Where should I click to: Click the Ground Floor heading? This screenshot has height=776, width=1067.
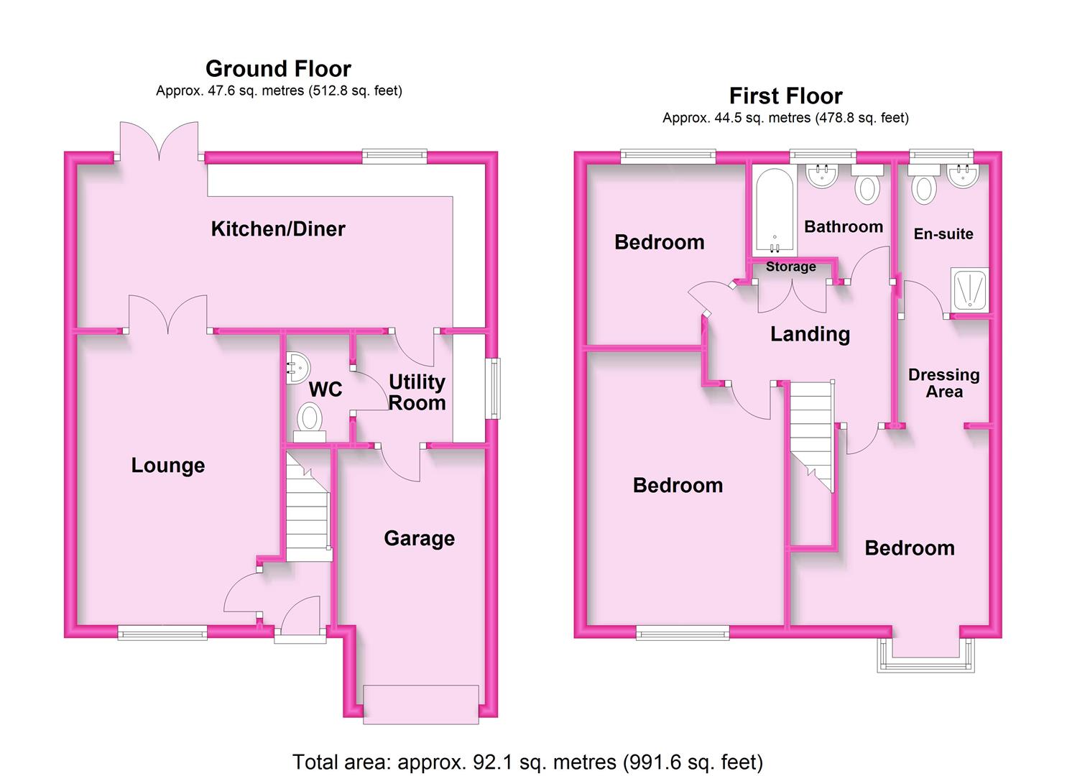click(x=278, y=69)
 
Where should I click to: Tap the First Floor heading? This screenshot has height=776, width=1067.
click(x=786, y=96)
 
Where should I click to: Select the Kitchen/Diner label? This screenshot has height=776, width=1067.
click(x=278, y=228)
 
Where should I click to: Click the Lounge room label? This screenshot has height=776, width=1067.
click(x=168, y=466)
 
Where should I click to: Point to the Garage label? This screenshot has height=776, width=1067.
click(x=419, y=539)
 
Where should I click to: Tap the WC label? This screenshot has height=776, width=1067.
click(x=325, y=389)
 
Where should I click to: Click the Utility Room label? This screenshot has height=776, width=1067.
click(x=417, y=392)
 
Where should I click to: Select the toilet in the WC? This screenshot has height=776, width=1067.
click(x=310, y=422)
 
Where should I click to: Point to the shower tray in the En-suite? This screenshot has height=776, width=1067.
click(x=970, y=290)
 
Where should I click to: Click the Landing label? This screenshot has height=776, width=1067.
click(x=810, y=334)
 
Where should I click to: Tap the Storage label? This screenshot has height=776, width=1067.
click(x=790, y=267)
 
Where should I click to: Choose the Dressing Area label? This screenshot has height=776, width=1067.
click(x=944, y=383)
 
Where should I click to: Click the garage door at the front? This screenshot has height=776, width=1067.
click(x=420, y=705)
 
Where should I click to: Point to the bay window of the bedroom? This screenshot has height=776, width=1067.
click(x=926, y=655)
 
